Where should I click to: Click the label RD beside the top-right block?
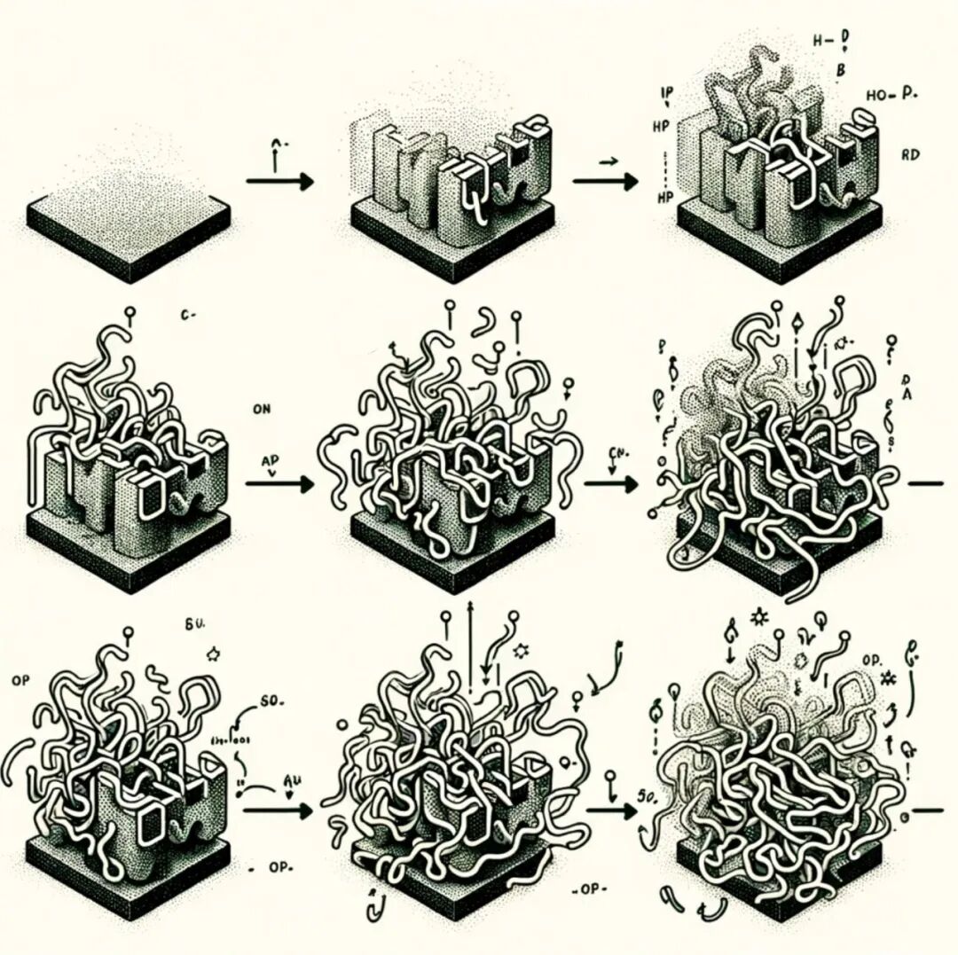pos(910,154)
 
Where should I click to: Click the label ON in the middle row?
pos(260,409)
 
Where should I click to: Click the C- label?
pos(186,315)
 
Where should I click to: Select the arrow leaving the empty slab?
pos(279,182)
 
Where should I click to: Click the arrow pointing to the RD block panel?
pos(606,182)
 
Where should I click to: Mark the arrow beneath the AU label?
pos(278,810)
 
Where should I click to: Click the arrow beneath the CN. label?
pos(611,484)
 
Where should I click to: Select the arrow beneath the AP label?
pos(279,484)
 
